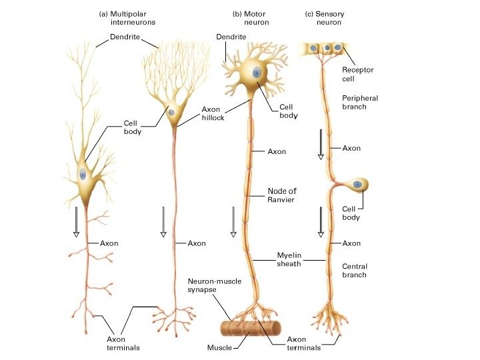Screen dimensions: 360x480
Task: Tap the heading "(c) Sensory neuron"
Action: [x=325, y=17]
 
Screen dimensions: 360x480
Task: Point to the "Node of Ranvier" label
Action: [x=281, y=195]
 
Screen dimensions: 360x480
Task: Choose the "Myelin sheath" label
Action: [x=290, y=259]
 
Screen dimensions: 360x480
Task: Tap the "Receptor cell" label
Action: [x=357, y=73]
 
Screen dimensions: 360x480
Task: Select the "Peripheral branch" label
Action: [x=359, y=103]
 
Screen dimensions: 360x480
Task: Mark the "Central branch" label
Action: [x=354, y=270]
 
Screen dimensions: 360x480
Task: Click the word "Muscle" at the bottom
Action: [x=219, y=347]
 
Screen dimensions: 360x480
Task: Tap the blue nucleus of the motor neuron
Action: [x=255, y=73]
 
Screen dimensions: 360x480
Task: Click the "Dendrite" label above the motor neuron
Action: [x=231, y=37]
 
